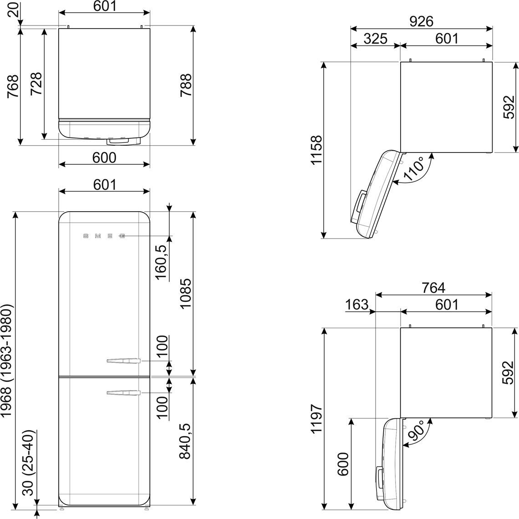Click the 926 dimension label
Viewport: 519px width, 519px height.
(x=422, y=21)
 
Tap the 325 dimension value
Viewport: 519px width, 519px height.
(x=375, y=39)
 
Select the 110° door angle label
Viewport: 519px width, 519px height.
(x=414, y=168)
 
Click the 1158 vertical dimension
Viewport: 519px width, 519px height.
(x=316, y=149)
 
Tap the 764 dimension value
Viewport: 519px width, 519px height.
(x=433, y=288)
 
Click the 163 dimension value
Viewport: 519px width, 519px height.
(x=356, y=304)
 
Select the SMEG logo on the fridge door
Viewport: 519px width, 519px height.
(x=104, y=236)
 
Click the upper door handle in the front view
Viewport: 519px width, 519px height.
(x=124, y=361)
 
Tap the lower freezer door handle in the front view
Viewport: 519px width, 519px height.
(x=124, y=393)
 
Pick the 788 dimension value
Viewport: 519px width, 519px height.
(x=186, y=85)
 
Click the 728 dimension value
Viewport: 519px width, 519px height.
(x=36, y=83)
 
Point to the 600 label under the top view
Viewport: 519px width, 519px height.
(x=104, y=158)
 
